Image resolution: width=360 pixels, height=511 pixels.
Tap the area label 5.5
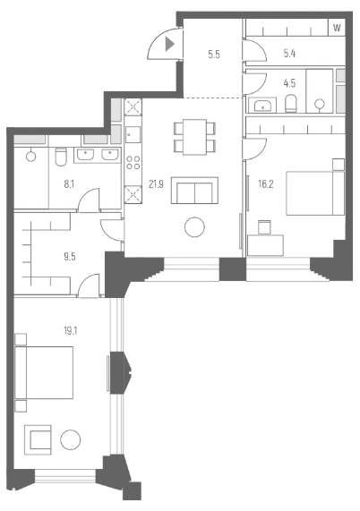(x=213, y=55)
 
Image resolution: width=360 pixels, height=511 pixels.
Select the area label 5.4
(x=288, y=55)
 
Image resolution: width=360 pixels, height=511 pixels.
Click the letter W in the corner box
(x=337, y=28)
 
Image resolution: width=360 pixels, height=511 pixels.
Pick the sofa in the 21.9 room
(x=194, y=191)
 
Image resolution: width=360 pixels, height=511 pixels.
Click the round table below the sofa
(x=194, y=227)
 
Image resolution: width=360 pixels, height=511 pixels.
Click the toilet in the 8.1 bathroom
(x=58, y=157)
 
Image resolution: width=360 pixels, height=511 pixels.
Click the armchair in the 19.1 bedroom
(x=39, y=439)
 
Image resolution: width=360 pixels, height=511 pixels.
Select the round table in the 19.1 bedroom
(x=71, y=440)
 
